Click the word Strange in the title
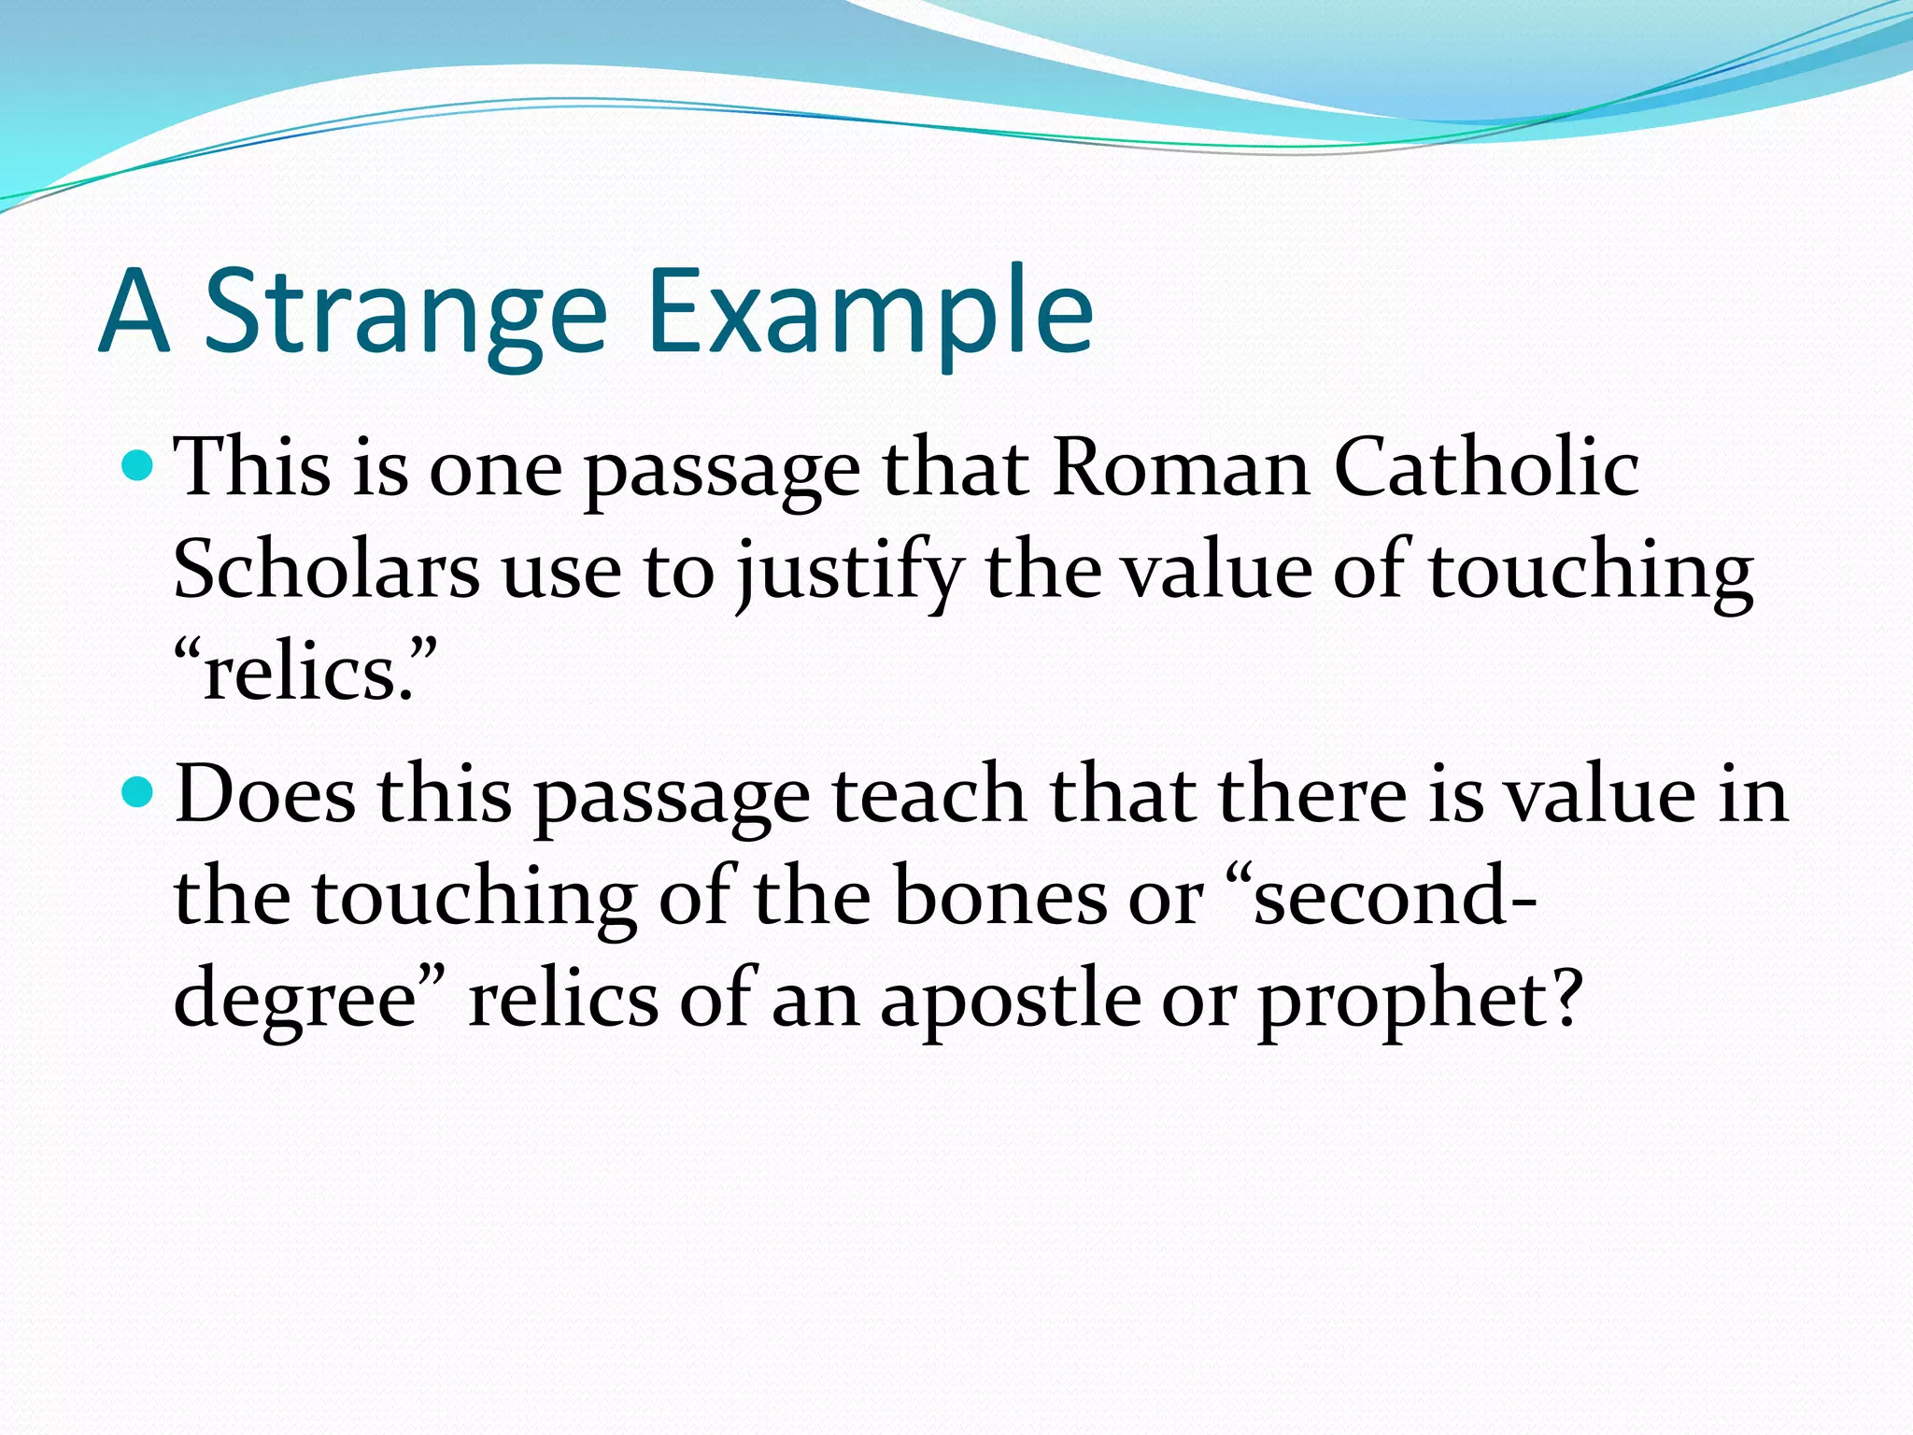[405, 313]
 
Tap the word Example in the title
[869, 313]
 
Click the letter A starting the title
[135, 313]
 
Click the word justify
[850, 572]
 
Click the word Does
[265, 795]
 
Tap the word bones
[999, 897]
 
